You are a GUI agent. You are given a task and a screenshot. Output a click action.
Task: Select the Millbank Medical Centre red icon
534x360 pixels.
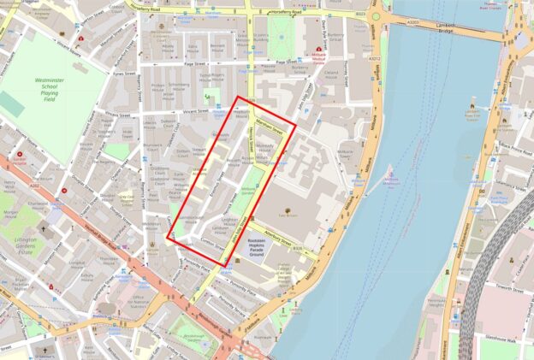coord(319,50)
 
